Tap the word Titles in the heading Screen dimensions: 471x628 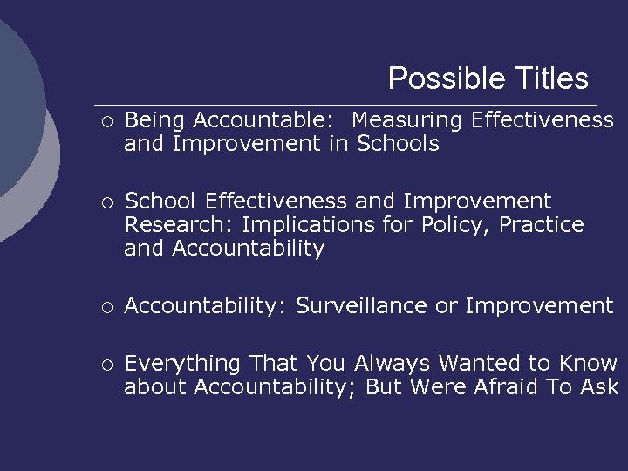(548, 79)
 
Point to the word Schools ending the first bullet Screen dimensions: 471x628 (398, 144)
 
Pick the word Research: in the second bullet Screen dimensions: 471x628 (180, 225)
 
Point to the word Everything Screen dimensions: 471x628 (183, 363)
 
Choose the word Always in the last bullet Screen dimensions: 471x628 (392, 363)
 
